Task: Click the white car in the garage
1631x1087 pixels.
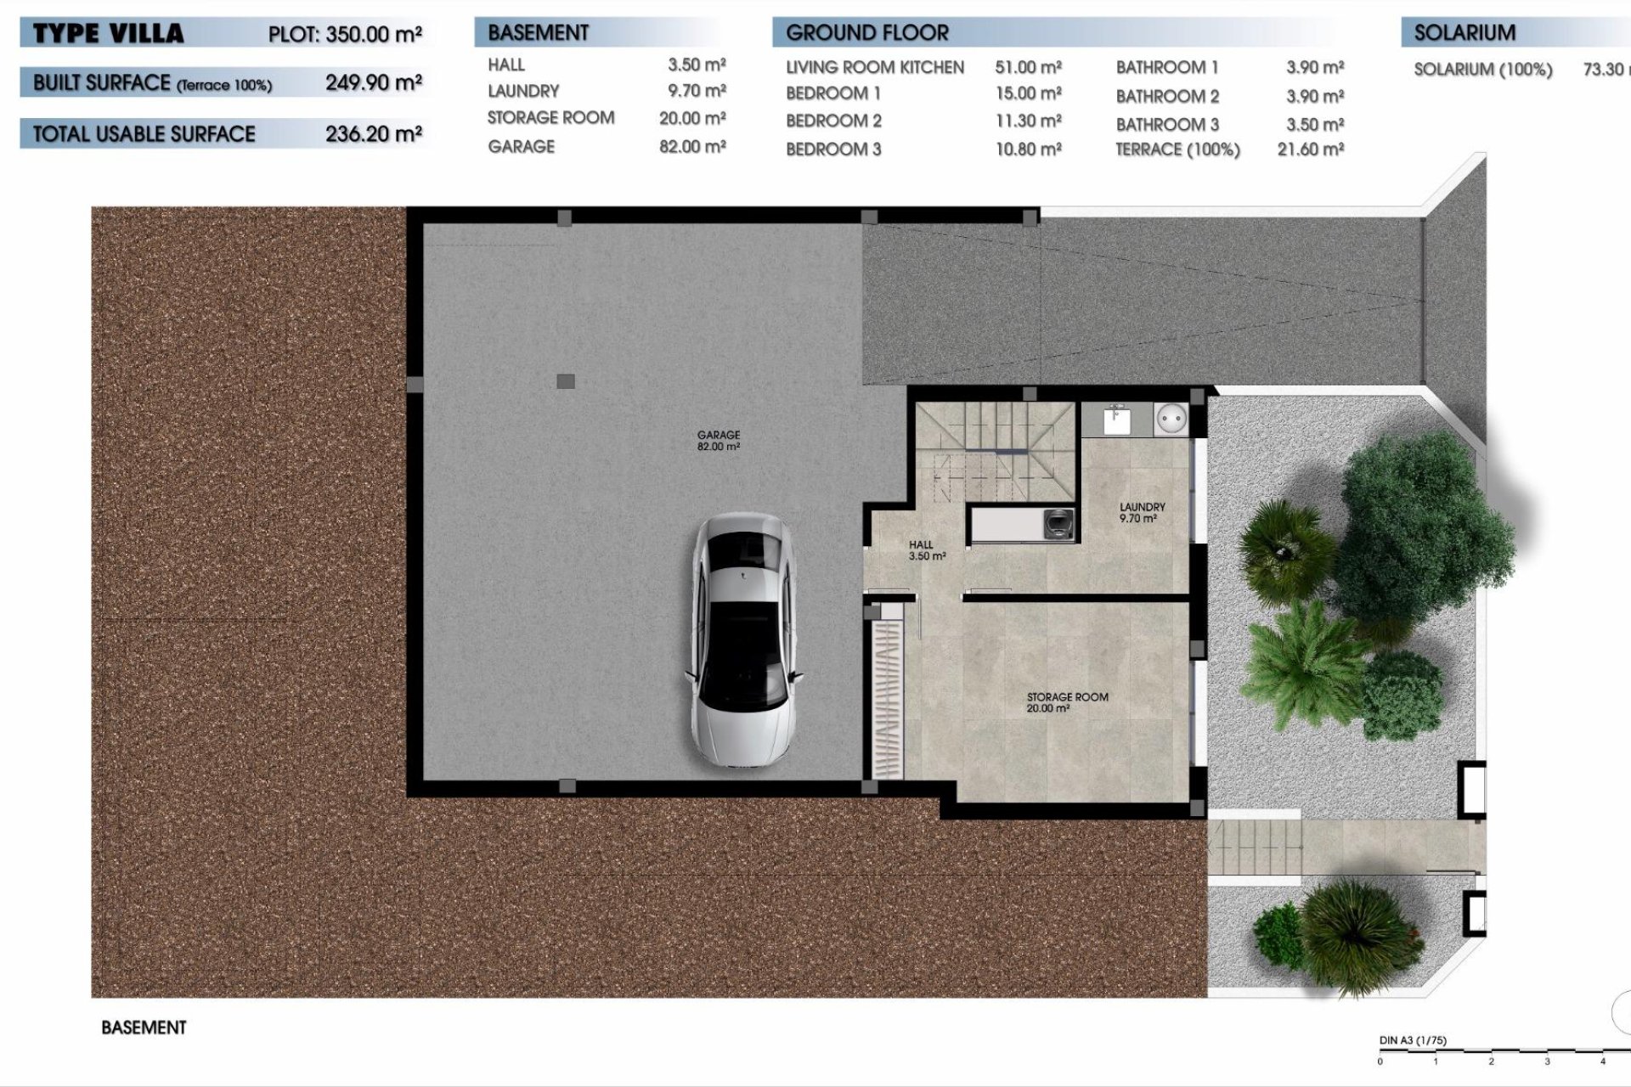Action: tap(744, 642)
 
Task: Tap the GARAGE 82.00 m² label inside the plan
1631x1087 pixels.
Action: tap(718, 440)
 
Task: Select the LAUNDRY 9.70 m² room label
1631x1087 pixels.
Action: tap(1142, 512)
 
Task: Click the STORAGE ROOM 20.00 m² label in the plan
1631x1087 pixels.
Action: tap(1067, 701)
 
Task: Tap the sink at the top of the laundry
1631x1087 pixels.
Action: tap(1116, 420)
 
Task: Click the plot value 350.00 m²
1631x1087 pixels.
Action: tap(373, 35)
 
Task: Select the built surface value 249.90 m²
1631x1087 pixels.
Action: tap(373, 82)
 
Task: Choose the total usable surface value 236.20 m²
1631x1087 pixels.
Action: tap(373, 133)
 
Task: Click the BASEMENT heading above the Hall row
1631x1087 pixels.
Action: tap(538, 33)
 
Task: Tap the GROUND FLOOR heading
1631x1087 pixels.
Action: tap(866, 33)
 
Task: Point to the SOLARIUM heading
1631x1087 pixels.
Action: tap(1465, 33)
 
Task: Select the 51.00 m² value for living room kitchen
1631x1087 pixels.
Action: tap(1028, 67)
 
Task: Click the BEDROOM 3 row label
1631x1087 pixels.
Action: tap(833, 149)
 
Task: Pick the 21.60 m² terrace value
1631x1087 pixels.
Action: tap(1310, 149)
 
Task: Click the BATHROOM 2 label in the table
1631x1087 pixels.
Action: tap(1167, 96)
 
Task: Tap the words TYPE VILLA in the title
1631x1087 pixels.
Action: tap(108, 34)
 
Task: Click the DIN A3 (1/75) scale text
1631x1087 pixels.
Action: tap(1412, 1040)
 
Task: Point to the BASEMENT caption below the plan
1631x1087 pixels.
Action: tap(144, 1028)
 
